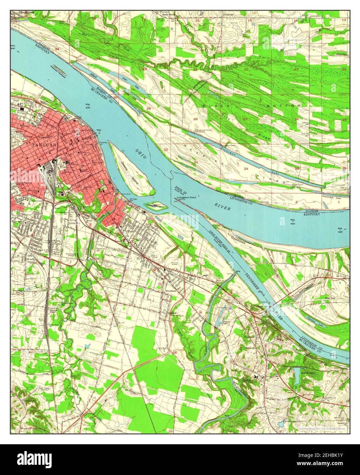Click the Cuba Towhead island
(156, 206)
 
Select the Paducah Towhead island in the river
(58, 70)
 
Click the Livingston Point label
(186, 198)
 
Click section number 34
(246, 169)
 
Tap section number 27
(245, 119)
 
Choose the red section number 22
(246, 69)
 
